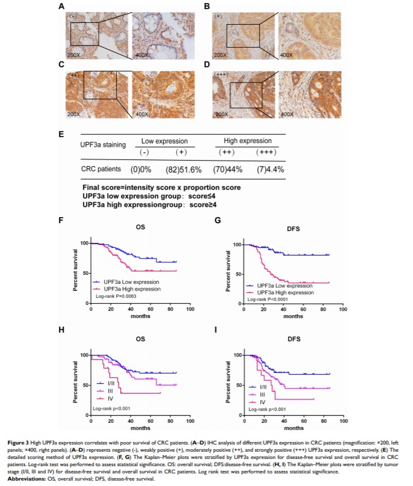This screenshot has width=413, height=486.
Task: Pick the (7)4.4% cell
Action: click(266, 169)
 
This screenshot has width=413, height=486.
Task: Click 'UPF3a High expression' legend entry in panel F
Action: click(127, 289)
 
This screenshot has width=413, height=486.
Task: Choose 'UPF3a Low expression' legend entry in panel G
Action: click(275, 285)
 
